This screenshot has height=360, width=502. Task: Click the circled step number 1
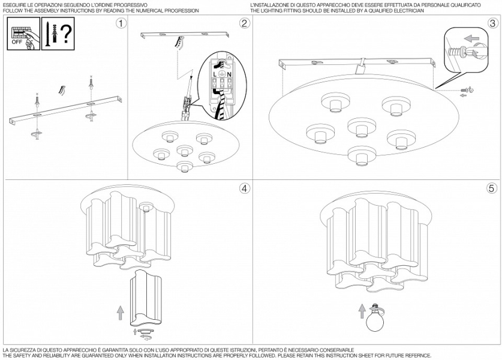coord(122,23)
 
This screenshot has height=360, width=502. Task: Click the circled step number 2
coord(244,23)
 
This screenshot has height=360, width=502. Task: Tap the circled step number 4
coord(244,188)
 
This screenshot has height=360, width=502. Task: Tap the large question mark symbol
coord(67,33)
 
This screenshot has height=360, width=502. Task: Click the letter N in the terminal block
coord(229,74)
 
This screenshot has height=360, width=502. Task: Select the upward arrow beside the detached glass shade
coord(119,313)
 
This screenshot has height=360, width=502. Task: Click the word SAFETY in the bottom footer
coord(22,355)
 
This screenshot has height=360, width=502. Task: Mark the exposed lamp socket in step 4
coord(145,207)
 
